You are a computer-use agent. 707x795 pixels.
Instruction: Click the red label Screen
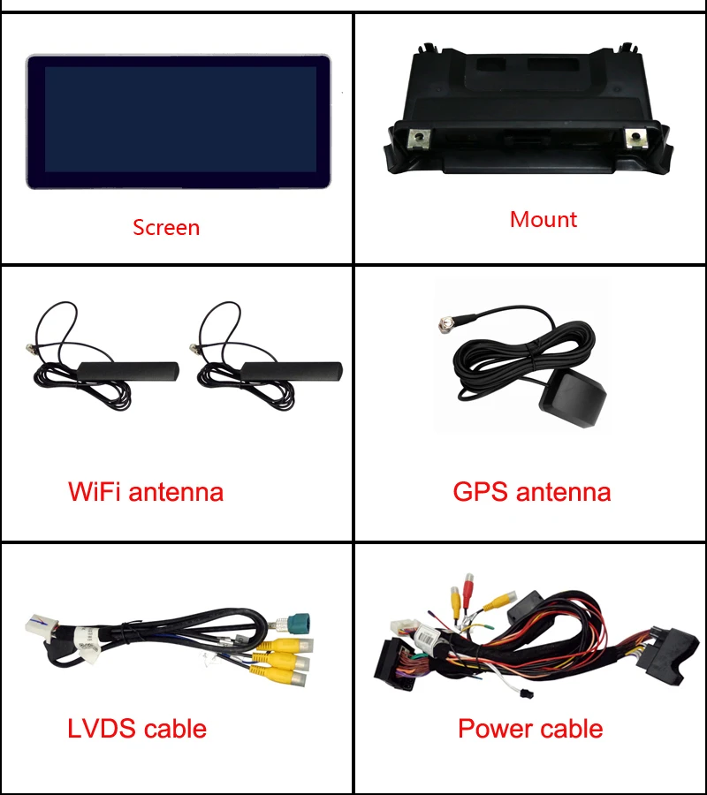pyautogui.click(x=166, y=228)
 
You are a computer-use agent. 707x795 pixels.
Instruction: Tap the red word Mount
pyautogui.click(x=544, y=220)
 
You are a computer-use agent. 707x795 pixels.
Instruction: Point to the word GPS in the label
pyautogui.click(x=480, y=491)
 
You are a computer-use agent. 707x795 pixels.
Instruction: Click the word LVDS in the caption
pyautogui.click(x=103, y=729)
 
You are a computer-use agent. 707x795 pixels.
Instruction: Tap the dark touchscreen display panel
pyautogui.click(x=178, y=122)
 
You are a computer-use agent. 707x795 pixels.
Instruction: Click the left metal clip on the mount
pyautogui.click(x=419, y=139)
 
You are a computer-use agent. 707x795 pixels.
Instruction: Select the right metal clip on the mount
pyautogui.click(x=635, y=138)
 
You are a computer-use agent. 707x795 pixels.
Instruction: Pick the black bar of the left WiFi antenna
pyautogui.click(x=128, y=371)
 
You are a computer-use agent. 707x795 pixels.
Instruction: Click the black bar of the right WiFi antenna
pyautogui.click(x=293, y=371)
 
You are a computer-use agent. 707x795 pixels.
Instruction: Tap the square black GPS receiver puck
pyautogui.click(x=573, y=397)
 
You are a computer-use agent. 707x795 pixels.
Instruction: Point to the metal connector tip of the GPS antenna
pyautogui.click(x=446, y=323)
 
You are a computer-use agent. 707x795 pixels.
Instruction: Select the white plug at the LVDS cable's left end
pyautogui.click(x=42, y=626)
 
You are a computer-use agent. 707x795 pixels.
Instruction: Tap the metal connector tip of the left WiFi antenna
pyautogui.click(x=29, y=348)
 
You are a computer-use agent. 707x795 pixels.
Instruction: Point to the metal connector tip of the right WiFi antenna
pyautogui.click(x=194, y=348)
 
